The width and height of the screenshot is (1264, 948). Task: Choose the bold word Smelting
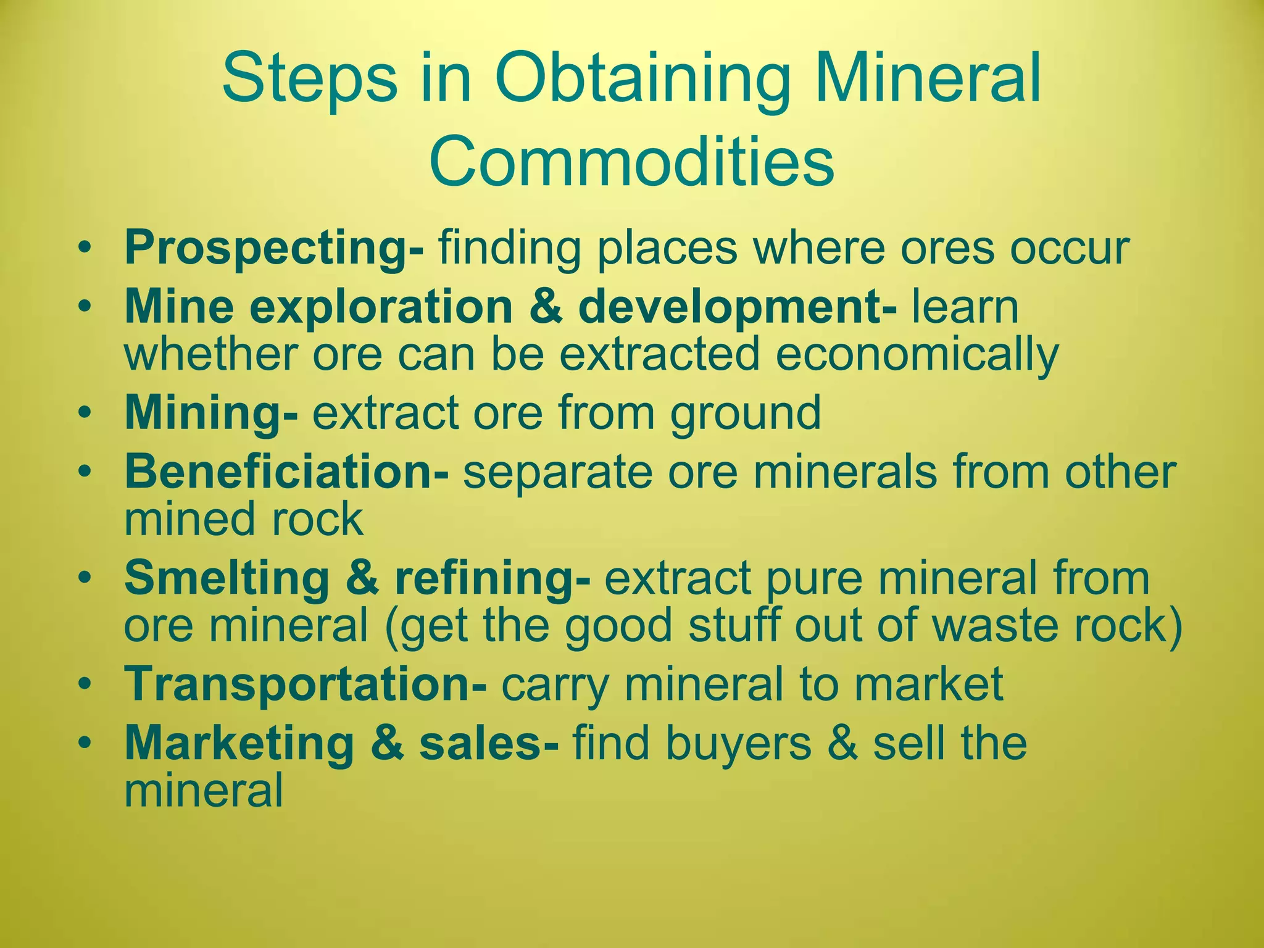(227, 578)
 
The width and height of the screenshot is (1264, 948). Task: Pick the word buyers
(738, 743)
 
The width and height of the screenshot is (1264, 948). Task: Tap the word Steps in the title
(310, 81)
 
